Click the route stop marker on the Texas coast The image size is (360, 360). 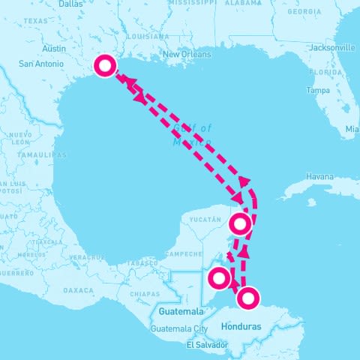click(x=105, y=67)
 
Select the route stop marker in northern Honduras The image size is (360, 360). click(x=247, y=298)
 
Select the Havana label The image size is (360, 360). click(x=319, y=176)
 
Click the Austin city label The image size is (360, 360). click(x=55, y=49)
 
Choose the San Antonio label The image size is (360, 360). click(x=35, y=63)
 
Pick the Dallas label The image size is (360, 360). click(x=70, y=4)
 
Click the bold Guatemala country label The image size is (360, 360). click(x=181, y=311)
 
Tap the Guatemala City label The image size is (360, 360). click(x=178, y=328)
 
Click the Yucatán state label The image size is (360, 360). click(x=205, y=220)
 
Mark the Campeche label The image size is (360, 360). click(x=184, y=253)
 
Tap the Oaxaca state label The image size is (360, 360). click(x=79, y=289)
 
